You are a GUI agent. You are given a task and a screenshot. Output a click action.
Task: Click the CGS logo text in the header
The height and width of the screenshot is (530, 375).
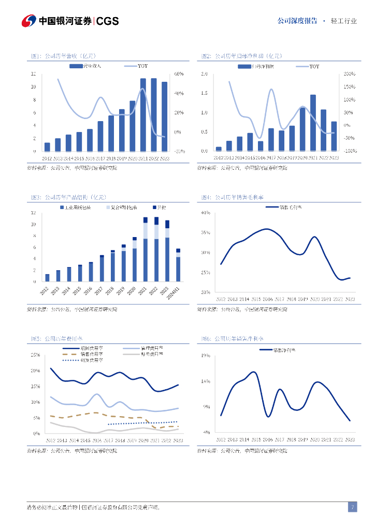coord(108,21)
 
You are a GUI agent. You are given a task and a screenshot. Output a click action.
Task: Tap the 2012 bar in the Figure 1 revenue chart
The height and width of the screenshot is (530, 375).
coord(47,147)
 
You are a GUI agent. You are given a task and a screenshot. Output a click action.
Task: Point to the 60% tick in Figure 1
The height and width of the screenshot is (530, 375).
coord(179,74)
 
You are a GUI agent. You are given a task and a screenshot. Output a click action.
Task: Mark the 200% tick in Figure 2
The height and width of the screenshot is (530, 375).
coord(349,74)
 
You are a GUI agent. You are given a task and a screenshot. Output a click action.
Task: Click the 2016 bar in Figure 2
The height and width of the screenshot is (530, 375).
coord(261,146)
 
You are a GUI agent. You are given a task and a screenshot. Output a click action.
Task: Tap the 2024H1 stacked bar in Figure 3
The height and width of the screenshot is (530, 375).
coord(178,266)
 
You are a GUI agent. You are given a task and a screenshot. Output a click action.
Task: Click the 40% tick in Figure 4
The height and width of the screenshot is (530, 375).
coord(205,213)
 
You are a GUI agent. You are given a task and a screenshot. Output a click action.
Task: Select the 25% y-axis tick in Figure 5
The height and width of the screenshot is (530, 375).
coord(35,355)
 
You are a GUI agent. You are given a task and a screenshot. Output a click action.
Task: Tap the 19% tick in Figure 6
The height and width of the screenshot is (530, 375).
coord(205,356)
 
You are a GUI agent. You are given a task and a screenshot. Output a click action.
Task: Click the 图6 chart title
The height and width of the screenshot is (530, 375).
coord(232,338)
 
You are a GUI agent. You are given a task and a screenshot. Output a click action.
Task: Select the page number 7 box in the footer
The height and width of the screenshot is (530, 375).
coord(352,507)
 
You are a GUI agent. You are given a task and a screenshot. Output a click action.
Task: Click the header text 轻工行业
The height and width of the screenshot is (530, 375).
coord(343,21)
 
